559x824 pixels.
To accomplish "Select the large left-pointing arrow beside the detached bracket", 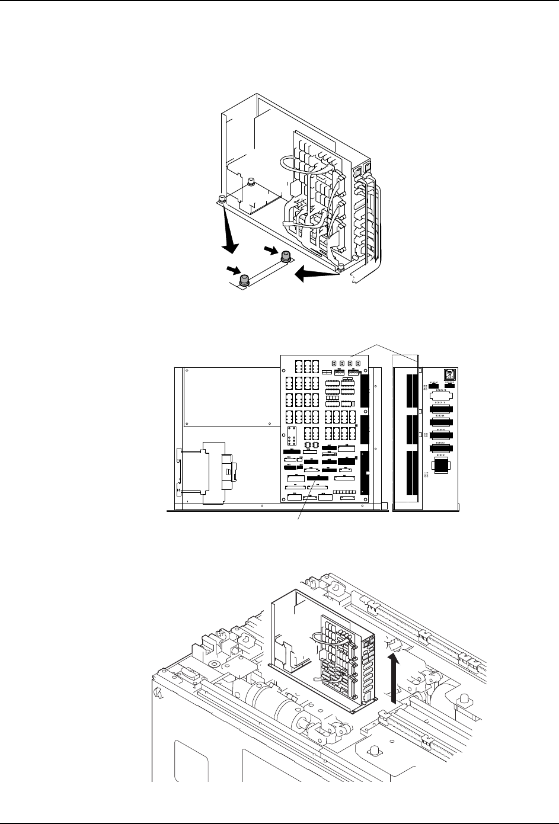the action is coord(314,273).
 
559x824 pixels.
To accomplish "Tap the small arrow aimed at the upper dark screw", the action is coord(270,251).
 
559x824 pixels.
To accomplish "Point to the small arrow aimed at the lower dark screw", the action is coord(232,271).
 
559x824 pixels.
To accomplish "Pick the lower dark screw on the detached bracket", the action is coord(244,280).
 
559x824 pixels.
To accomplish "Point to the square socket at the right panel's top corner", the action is coord(451,374).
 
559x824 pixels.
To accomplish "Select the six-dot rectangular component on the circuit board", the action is coord(292,435).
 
